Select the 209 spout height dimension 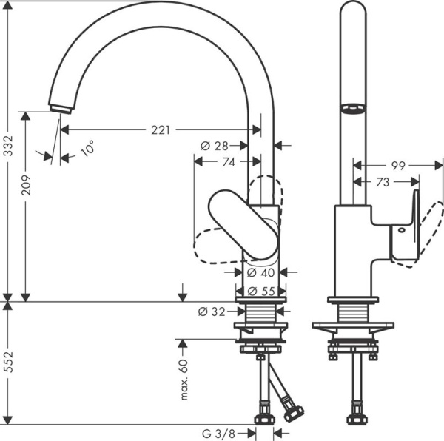pyautogui.click(x=26, y=184)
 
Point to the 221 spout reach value pyautogui.click(x=159, y=130)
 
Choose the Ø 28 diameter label pyautogui.click(x=215, y=146)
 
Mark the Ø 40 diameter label pyautogui.click(x=260, y=272)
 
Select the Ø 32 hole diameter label pyautogui.click(x=212, y=312)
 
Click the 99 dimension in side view pyautogui.click(x=397, y=166)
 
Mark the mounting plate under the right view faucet pyautogui.click(x=352, y=326)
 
